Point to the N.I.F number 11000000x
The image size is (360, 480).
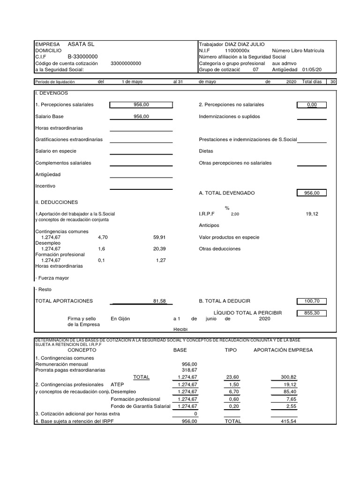(x=237, y=51)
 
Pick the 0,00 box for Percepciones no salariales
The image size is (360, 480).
(x=312, y=105)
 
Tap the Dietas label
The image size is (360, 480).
(x=206, y=151)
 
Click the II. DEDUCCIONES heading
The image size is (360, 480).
(x=56, y=202)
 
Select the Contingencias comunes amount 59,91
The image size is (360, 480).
(x=159, y=237)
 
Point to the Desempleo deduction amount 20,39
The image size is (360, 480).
(x=159, y=249)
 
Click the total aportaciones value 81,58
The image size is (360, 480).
(x=159, y=301)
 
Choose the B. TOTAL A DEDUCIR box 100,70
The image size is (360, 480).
(x=312, y=301)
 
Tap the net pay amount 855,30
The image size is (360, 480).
(x=312, y=313)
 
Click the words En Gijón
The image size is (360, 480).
(x=120, y=319)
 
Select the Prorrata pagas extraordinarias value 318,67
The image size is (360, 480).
(x=189, y=370)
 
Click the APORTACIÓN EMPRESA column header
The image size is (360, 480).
(x=283, y=350)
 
